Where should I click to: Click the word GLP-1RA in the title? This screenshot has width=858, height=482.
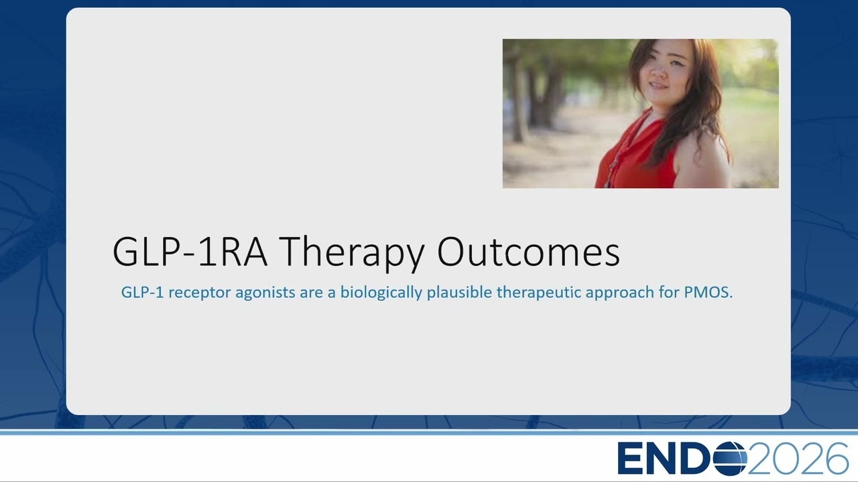[190, 252]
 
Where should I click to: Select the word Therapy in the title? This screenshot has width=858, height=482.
[352, 254]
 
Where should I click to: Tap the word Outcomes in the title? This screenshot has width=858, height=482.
[529, 251]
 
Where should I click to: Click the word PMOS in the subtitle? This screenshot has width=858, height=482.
[709, 293]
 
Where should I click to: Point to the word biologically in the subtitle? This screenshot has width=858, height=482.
[381, 293]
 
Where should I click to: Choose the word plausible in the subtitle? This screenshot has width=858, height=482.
[460, 293]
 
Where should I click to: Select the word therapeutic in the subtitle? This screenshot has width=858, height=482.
[538, 293]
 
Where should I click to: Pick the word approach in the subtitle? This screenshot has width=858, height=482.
[620, 293]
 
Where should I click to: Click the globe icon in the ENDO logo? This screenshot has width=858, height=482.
[729, 459]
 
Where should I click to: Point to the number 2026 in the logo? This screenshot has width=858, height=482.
[798, 459]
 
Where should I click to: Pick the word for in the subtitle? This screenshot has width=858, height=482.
[670, 293]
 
